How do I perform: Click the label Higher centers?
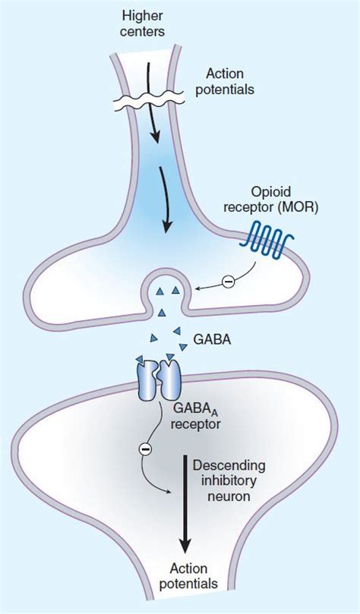pyautogui.click(x=141, y=24)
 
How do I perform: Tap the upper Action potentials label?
pyautogui.click(x=225, y=81)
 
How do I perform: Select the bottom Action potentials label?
pyautogui.click(x=189, y=576)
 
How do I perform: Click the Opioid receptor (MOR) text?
pyautogui.click(x=270, y=200)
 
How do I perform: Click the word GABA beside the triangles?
pyautogui.click(x=213, y=340)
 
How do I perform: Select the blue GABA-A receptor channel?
pyautogui.click(x=158, y=379)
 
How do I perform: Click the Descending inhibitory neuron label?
pyautogui.click(x=229, y=481)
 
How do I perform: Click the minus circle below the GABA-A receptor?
pyautogui.click(x=144, y=450)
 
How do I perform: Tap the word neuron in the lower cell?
pyautogui.click(x=229, y=497)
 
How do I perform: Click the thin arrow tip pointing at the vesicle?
pyautogui.click(x=197, y=289)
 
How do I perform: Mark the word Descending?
pyautogui.click(x=229, y=466)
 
